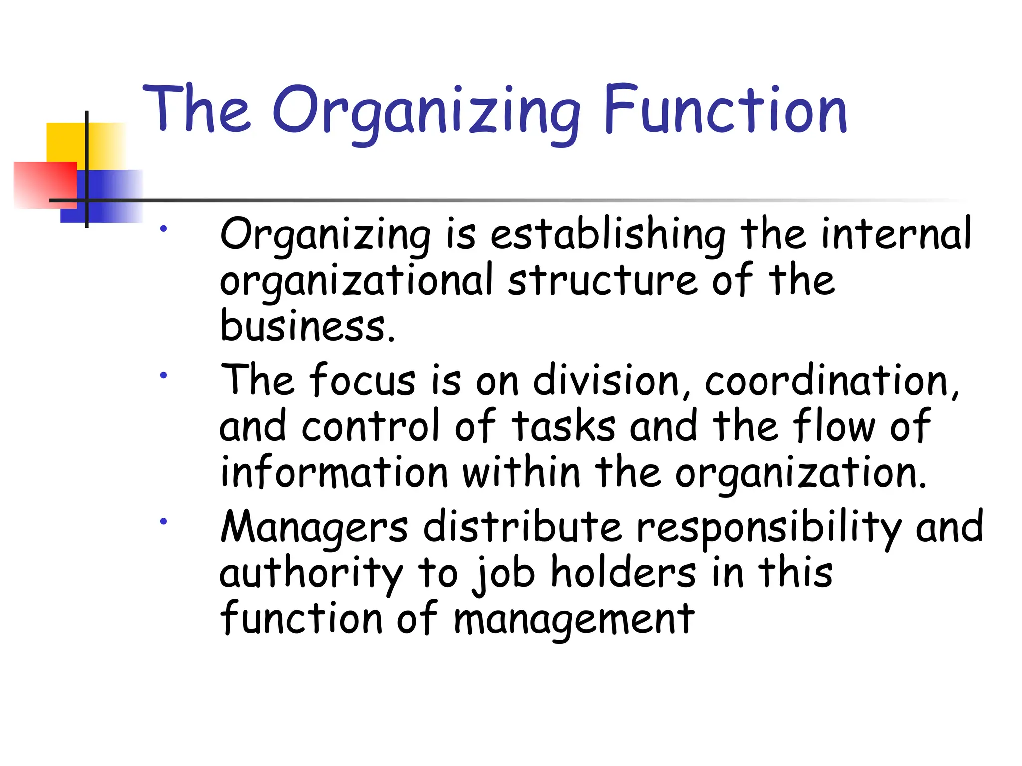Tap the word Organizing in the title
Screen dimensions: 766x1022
tap(427, 112)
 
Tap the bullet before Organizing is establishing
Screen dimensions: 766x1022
tap(163, 229)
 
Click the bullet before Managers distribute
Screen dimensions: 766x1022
tap(163, 521)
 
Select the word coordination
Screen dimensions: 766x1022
tap(830, 381)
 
